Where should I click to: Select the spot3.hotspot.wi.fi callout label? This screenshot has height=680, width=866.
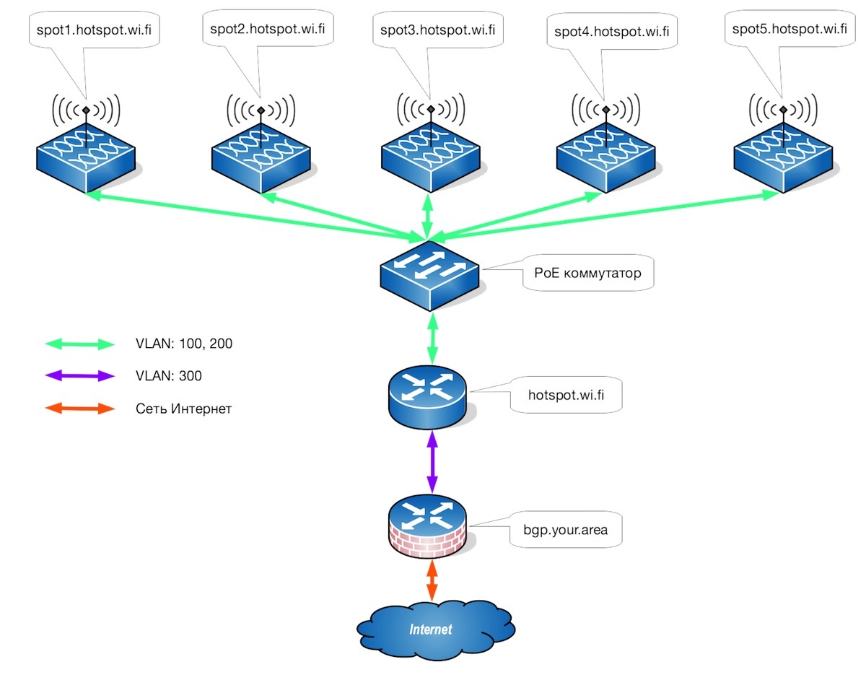(438, 30)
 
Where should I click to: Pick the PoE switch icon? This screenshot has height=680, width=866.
(430, 279)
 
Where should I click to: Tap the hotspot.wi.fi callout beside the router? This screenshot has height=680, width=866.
(565, 395)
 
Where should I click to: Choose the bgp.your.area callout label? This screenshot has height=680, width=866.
(565, 530)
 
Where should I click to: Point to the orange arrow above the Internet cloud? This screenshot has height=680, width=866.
(432, 581)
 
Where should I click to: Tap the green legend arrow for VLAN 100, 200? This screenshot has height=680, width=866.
(79, 344)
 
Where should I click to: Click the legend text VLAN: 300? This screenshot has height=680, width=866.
(169, 376)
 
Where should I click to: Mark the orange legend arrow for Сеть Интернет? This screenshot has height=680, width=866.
(79, 409)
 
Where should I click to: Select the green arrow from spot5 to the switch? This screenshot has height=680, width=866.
(606, 214)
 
